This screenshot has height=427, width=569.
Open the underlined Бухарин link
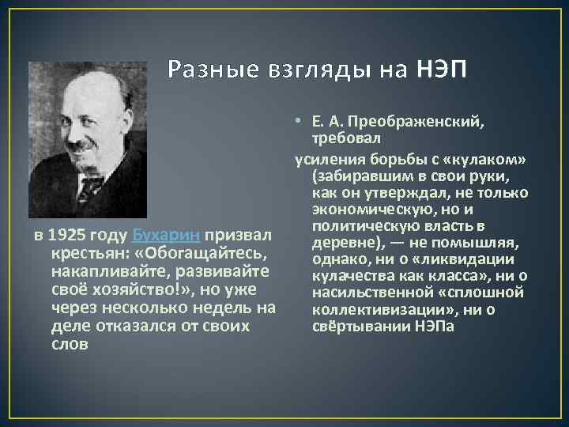coord(167,236)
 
